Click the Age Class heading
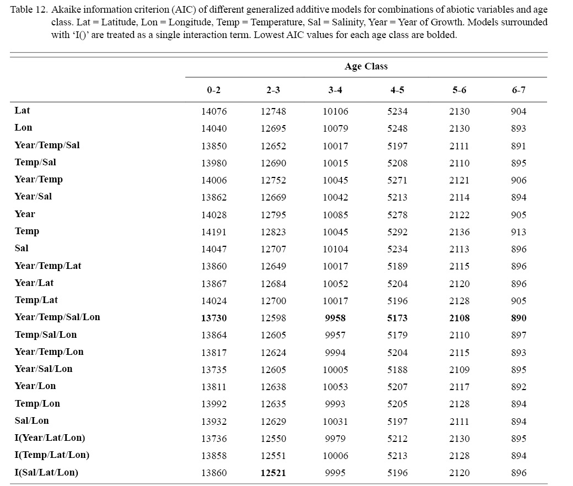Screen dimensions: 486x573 point(366,67)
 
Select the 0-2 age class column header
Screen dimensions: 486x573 point(213,90)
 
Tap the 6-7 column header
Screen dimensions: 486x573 point(518,90)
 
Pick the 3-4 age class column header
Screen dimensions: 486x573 point(335,90)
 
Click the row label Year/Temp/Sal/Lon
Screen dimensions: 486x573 point(57,317)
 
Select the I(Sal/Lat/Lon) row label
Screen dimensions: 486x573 point(46,472)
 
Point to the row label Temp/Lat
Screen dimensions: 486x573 point(36,300)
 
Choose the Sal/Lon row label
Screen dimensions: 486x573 point(31,421)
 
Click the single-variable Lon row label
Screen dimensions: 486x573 point(23,128)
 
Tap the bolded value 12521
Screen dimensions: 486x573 point(274,473)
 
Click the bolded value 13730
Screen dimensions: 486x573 point(213,318)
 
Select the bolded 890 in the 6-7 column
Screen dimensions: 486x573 point(518,318)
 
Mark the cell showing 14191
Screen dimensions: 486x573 point(213,232)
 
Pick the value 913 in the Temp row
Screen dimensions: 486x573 point(518,232)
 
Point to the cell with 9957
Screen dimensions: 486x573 point(335,335)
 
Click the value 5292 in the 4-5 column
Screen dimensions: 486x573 point(397,232)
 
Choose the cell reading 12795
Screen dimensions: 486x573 point(274,215)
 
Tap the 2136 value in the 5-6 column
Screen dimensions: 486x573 point(459,232)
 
